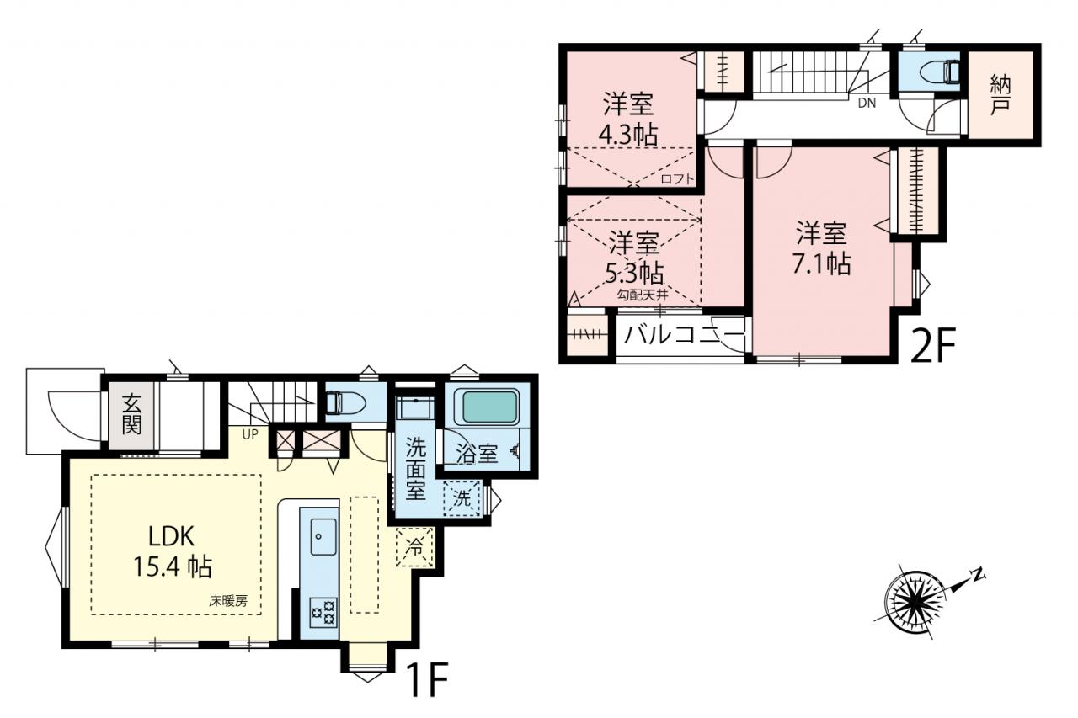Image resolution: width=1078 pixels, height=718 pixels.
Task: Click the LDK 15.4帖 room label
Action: [173, 551]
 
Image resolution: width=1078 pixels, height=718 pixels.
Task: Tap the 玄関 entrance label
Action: [131, 413]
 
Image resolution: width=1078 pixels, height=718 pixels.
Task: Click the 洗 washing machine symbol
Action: [462, 498]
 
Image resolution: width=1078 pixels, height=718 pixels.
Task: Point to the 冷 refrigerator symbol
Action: [415, 547]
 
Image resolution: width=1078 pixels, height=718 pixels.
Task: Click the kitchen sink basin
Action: [323, 536]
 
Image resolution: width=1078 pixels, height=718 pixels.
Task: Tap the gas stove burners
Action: [324, 612]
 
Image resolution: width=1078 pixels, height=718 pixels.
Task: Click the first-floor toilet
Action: [345, 402]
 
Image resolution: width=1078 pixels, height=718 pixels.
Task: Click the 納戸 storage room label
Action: [1001, 96]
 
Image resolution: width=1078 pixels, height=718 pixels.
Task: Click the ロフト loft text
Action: [678, 179]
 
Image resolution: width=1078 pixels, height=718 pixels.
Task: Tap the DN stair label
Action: [867, 103]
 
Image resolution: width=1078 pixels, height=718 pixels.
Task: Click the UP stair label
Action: [250, 434]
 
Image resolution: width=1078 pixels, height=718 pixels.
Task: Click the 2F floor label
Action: [932, 345]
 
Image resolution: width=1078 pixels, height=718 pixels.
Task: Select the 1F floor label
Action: [428, 680]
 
